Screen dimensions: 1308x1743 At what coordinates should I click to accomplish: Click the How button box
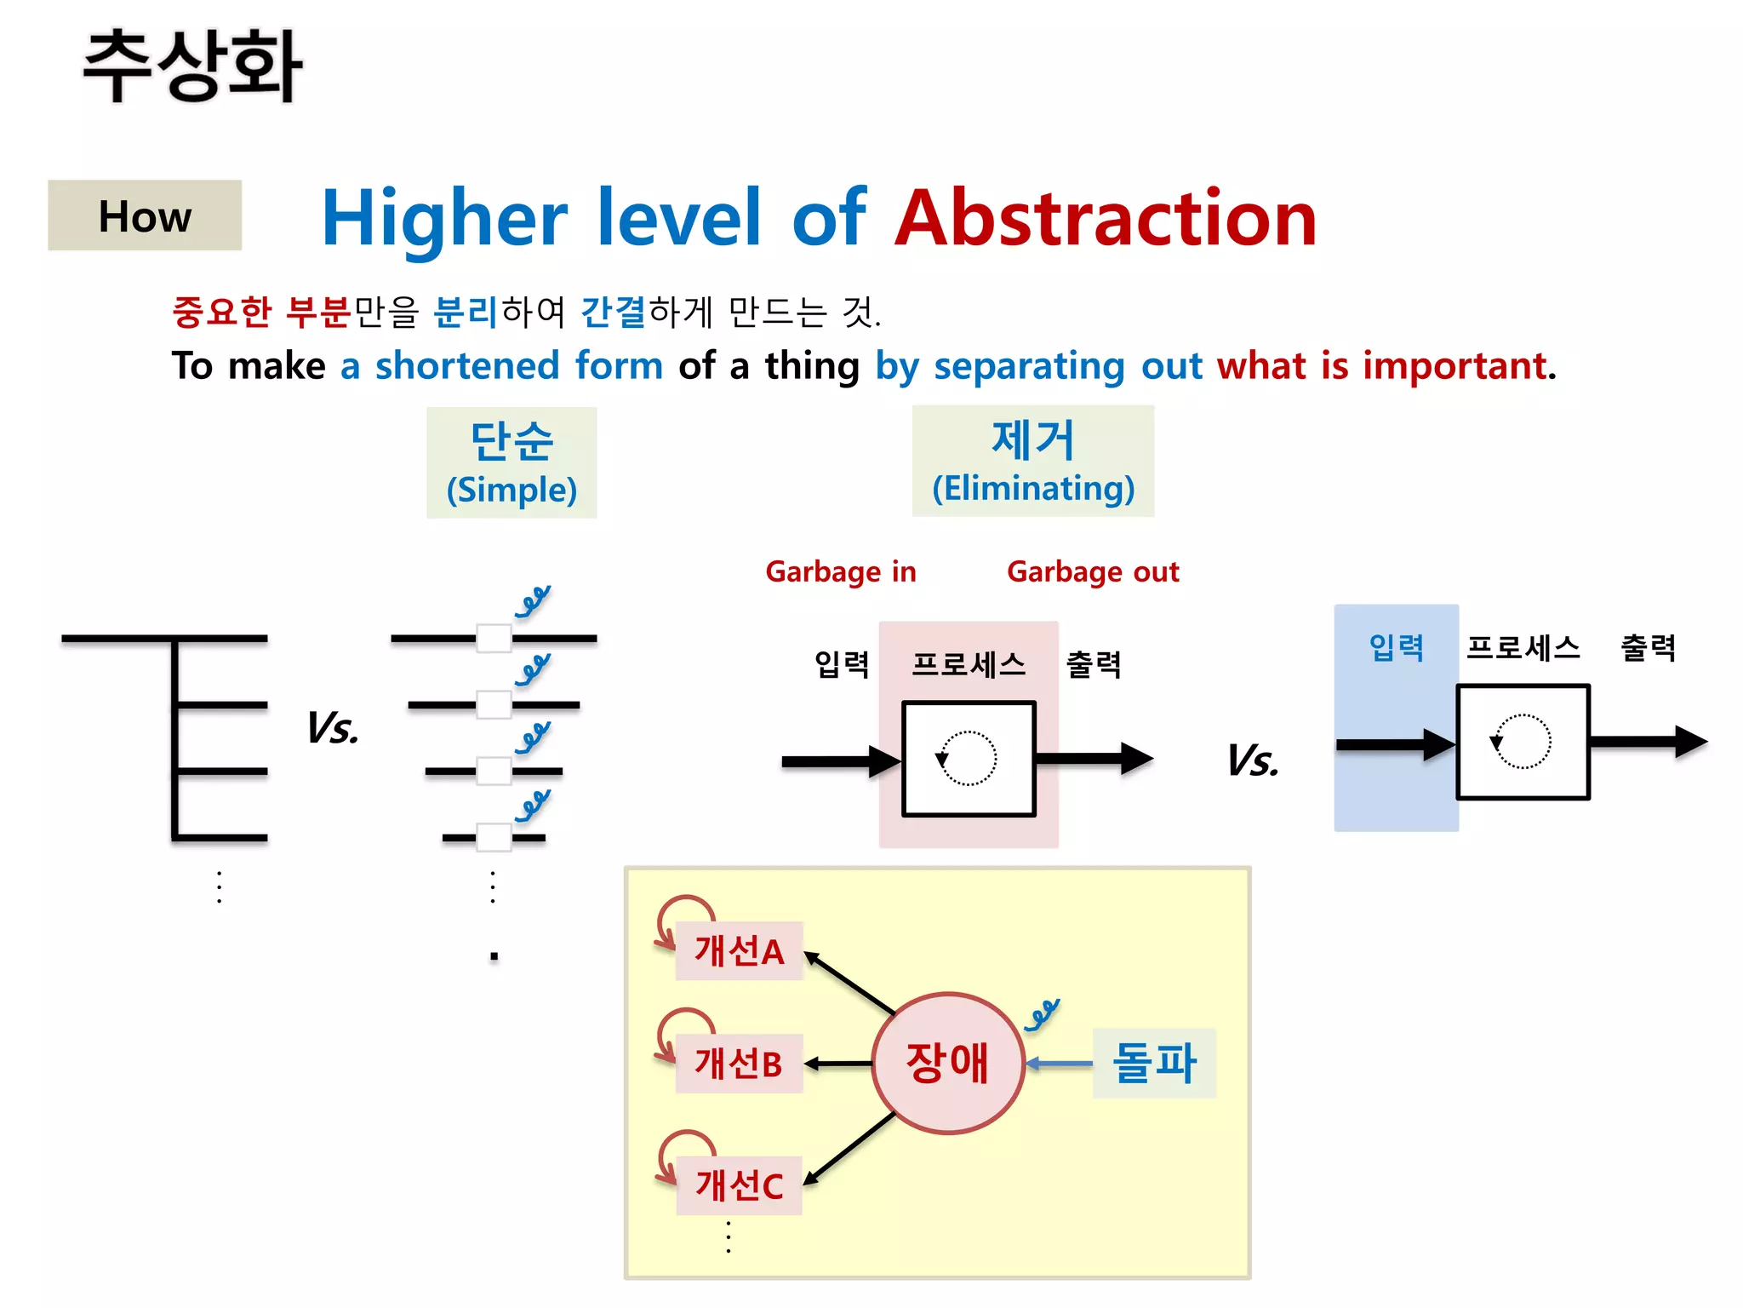145,215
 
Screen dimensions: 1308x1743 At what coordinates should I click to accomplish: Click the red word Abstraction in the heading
1106,219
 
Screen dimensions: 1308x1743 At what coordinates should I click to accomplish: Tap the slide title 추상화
192,66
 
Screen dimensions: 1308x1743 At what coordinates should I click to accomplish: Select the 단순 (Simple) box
511,462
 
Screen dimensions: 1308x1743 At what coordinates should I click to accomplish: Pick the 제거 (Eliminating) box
1032,461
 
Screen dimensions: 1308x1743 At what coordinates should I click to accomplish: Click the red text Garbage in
840,571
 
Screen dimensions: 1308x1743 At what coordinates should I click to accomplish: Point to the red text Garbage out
1093,571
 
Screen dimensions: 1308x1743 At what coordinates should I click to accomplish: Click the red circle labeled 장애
947,1063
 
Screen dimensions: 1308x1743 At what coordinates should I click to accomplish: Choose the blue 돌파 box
1154,1063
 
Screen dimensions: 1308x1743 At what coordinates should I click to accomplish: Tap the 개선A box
739,950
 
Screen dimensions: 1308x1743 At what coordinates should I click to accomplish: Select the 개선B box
739,1064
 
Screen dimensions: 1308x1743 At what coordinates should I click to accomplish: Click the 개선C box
739,1185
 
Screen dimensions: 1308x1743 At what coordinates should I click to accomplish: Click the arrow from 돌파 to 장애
1059,1064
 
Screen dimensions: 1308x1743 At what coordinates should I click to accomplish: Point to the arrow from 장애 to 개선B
838,1064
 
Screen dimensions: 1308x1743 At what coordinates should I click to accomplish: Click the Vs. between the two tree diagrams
333,729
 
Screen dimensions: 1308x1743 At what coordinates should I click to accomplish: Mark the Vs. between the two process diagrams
1253,760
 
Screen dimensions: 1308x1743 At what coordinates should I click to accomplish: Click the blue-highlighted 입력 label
1396,648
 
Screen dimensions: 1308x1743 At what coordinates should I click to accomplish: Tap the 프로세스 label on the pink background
969,664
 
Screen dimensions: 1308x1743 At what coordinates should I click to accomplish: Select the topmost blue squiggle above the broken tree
533,601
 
